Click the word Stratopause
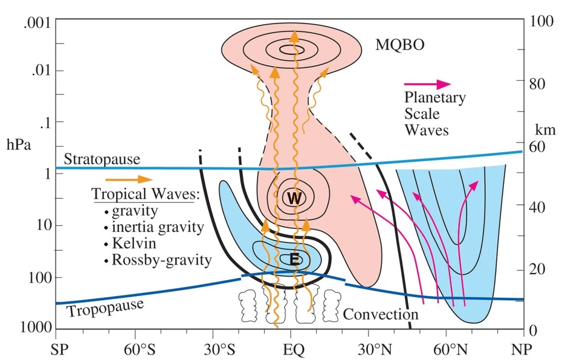pyautogui.click(x=102, y=159)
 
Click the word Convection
pyautogui.click(x=381, y=314)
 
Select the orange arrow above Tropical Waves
pyautogui.click(x=129, y=179)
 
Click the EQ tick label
pyautogui.click(x=291, y=349)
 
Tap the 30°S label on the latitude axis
pyautogui.click(x=218, y=349)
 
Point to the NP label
pyautogui.click(x=521, y=349)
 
